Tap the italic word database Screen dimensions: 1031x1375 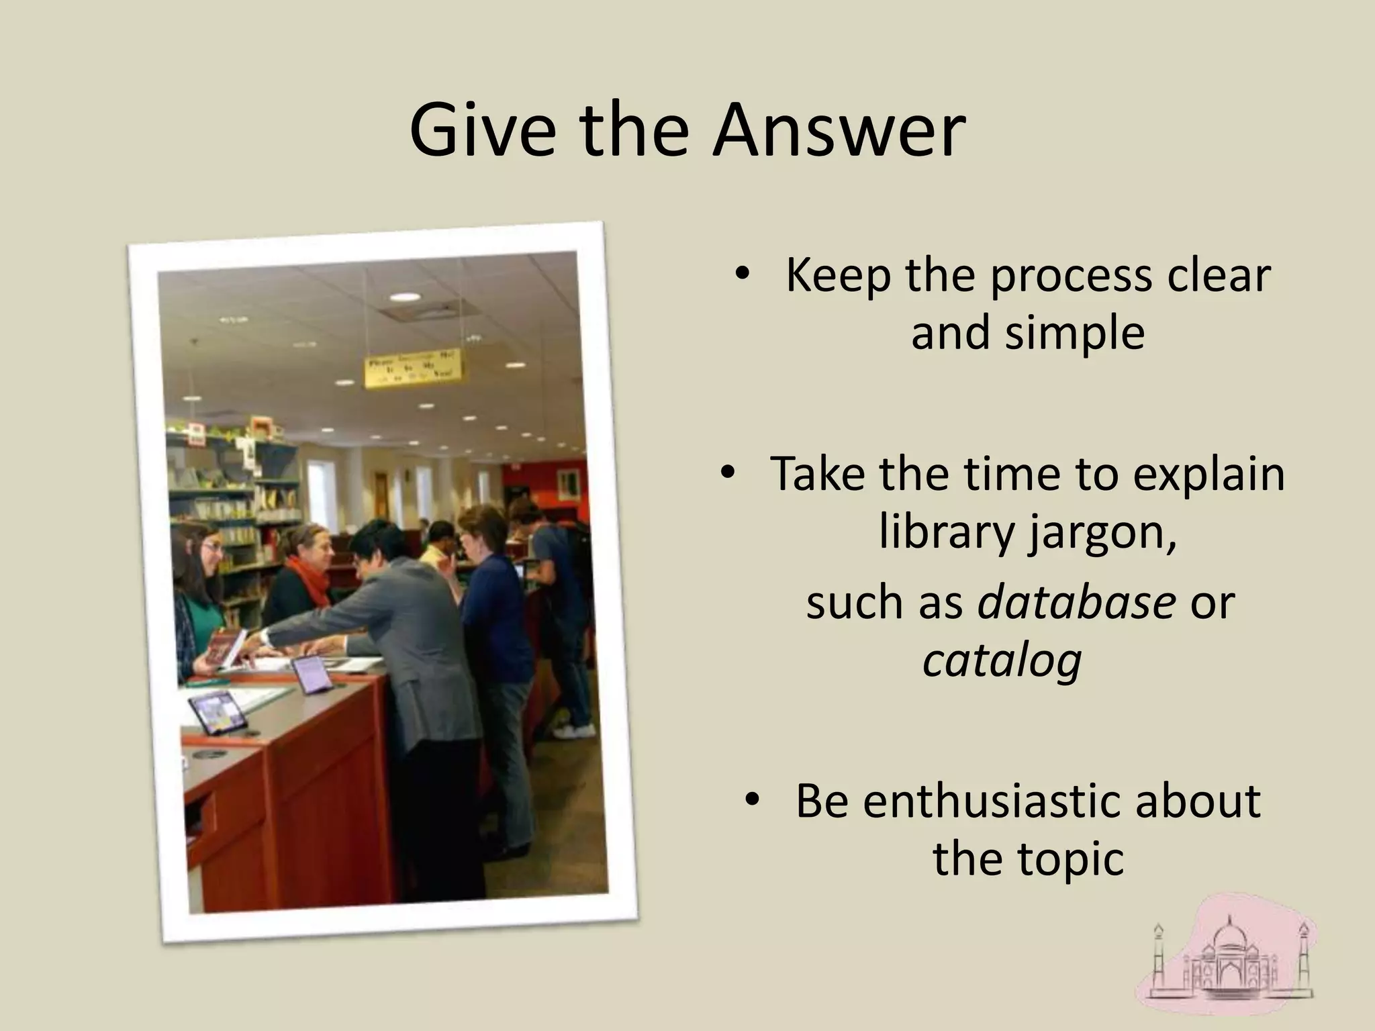tap(1076, 601)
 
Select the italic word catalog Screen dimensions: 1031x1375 tap(1002, 660)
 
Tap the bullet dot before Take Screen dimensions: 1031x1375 tap(727, 473)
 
